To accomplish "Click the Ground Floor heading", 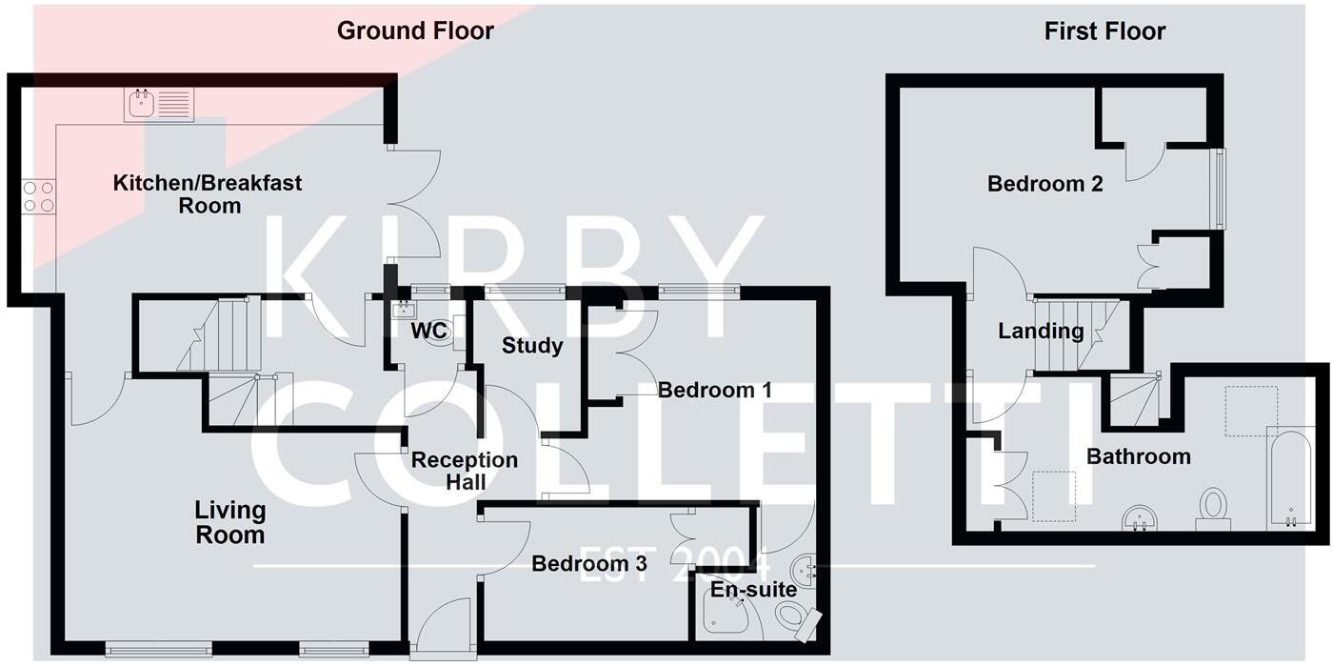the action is (415, 31).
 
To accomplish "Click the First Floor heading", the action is (1104, 31).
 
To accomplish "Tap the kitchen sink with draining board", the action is (159, 105).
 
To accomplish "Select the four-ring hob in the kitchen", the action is (39, 196).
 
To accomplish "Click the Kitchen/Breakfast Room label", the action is (208, 194).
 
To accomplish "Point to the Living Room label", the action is (230, 522).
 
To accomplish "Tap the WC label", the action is (428, 331).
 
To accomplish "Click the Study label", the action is (532, 346).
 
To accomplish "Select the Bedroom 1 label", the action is (715, 391).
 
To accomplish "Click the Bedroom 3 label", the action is (589, 563).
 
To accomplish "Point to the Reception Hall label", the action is (465, 471).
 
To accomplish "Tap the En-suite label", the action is (754, 589).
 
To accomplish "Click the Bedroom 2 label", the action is (1045, 184).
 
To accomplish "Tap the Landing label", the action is (1041, 332).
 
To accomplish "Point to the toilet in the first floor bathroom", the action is (1213, 510).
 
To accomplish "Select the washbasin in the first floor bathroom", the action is (1141, 517).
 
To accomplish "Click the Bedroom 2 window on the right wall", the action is (1220, 189).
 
